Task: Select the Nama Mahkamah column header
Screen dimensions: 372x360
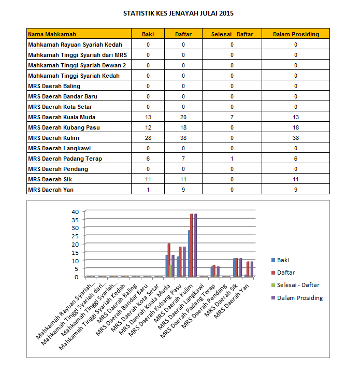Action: pos(52,34)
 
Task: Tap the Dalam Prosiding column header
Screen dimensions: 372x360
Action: pos(296,34)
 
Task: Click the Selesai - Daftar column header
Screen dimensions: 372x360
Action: pos(232,34)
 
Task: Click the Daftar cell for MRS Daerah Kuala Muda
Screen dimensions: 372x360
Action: pos(183,117)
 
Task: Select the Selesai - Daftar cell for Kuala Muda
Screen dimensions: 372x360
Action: pos(232,117)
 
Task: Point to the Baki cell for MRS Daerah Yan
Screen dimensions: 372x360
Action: pos(148,190)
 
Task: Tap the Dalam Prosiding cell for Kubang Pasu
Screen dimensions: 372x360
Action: pos(296,127)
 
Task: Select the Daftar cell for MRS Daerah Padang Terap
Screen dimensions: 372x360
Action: pos(183,159)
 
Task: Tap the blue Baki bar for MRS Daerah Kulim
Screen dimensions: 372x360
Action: pos(189,253)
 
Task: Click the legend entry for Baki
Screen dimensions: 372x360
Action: pos(283,260)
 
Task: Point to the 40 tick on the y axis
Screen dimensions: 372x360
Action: pos(75,211)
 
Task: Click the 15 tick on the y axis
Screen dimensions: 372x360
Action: pos(75,252)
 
